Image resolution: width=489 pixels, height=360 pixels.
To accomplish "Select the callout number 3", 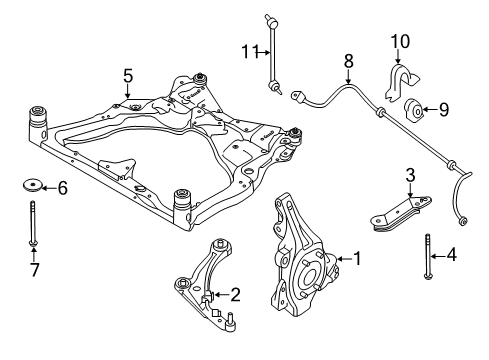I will click(x=410, y=176).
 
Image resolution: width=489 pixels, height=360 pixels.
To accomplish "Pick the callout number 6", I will click(x=61, y=187).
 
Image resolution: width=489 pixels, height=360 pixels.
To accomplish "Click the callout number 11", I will click(x=247, y=51).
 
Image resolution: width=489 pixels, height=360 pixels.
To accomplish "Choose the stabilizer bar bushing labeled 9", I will click(x=414, y=110).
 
